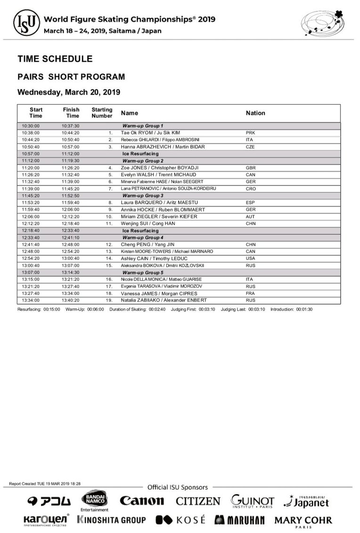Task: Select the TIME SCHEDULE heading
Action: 55,59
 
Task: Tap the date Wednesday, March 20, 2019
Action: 69,92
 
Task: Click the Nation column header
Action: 255,113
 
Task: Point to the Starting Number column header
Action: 102,113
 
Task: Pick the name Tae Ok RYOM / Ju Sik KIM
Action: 150,133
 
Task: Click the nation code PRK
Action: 250,133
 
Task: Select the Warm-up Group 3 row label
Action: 143,195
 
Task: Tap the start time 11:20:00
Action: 31,168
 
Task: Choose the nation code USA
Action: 250,258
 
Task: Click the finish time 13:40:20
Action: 71,300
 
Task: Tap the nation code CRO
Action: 251,188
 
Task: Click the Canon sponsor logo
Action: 142,501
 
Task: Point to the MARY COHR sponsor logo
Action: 303,521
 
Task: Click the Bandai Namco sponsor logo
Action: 95,501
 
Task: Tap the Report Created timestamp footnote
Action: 45,484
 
